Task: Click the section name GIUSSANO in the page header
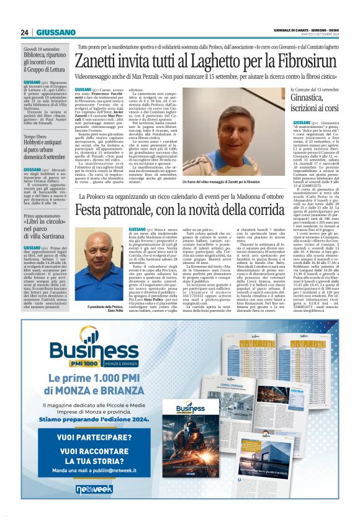(x=56, y=32)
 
